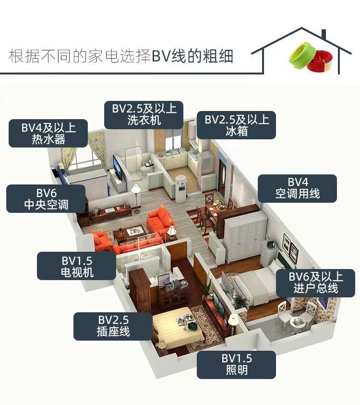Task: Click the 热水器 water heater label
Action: (x=48, y=133)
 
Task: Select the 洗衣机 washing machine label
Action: (x=144, y=115)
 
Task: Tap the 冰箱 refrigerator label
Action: (x=236, y=125)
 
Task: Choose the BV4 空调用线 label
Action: (x=297, y=188)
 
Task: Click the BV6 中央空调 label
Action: (x=46, y=199)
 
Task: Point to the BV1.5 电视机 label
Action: (x=77, y=266)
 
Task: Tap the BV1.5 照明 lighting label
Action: (x=236, y=365)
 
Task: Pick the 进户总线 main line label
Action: (x=316, y=283)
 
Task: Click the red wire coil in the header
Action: (x=320, y=62)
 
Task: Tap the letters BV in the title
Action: (x=161, y=56)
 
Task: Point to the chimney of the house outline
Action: (x=324, y=34)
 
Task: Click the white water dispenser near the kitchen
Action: (x=180, y=188)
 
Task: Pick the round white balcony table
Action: (x=298, y=323)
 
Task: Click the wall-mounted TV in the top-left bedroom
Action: (x=118, y=168)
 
